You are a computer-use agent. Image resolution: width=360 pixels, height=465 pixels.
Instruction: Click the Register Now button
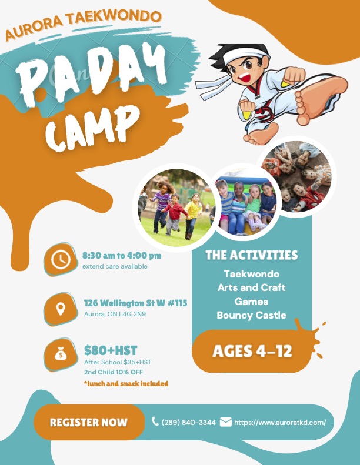[x=89, y=422]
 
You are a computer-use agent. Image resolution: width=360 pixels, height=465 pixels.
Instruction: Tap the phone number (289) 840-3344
[x=188, y=422]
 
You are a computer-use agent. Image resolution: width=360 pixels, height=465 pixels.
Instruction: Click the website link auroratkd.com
[x=280, y=422]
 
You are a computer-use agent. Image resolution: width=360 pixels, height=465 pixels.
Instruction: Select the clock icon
[x=61, y=259]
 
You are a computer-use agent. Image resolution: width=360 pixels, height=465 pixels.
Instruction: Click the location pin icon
[x=61, y=309]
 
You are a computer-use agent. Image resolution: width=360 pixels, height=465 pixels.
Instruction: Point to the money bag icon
[x=61, y=354]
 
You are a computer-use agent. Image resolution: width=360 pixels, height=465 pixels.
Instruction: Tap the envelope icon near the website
[x=225, y=421]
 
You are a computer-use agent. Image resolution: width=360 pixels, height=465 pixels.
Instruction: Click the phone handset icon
[x=155, y=421]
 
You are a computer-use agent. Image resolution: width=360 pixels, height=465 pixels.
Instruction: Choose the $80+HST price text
[x=111, y=350]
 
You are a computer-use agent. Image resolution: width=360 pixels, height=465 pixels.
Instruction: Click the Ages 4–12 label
[x=252, y=351]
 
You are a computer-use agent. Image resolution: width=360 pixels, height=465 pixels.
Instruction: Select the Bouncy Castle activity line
[x=251, y=315]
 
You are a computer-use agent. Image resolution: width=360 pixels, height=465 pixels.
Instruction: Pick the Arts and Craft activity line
[x=251, y=287]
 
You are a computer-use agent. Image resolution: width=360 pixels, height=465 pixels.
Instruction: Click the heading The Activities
[x=251, y=255]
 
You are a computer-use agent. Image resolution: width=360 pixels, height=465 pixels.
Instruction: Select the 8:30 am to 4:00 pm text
[x=122, y=255]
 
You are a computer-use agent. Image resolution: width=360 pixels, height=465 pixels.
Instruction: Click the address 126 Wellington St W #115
[x=136, y=303]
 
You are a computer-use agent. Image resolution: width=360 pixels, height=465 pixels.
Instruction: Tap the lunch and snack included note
[x=126, y=383]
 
